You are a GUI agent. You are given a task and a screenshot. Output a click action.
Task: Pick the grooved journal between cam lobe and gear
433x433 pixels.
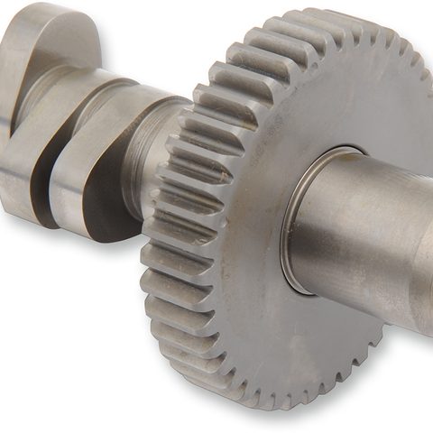[153, 153]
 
